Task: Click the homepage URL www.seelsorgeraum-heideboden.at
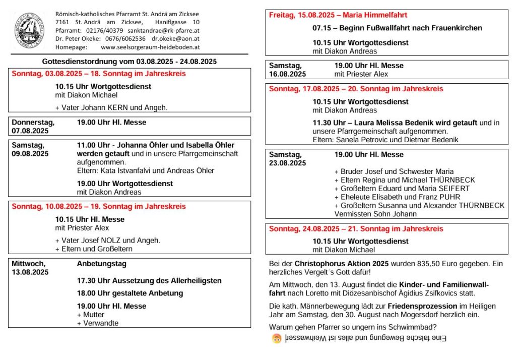pos(150,47)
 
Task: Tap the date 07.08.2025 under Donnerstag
pos(30,131)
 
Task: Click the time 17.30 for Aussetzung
pos(86,280)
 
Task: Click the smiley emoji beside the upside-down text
pos(276,338)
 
